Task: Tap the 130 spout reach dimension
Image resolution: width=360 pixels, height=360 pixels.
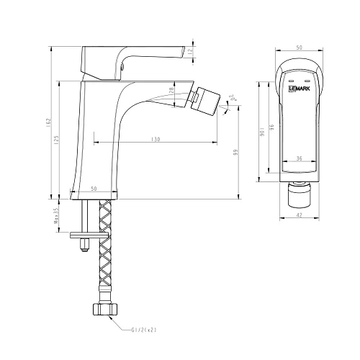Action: tap(155, 139)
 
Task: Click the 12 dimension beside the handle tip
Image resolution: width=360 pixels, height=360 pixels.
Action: tap(190, 52)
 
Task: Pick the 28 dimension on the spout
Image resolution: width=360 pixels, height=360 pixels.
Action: tap(171, 91)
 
